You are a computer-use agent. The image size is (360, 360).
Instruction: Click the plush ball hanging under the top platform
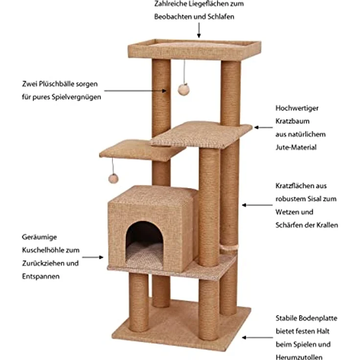coord(184,89)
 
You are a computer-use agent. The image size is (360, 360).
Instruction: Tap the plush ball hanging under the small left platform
coord(113,178)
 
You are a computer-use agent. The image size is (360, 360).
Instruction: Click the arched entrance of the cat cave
coord(145,240)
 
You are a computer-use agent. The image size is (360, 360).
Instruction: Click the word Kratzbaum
coord(292,121)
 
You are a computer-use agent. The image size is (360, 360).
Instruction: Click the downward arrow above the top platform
coord(199,31)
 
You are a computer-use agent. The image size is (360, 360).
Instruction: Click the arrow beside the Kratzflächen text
coord(255,205)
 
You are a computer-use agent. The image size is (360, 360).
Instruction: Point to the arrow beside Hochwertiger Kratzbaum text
coord(263,127)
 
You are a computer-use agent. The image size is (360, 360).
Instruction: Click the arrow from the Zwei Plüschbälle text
coord(135,90)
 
